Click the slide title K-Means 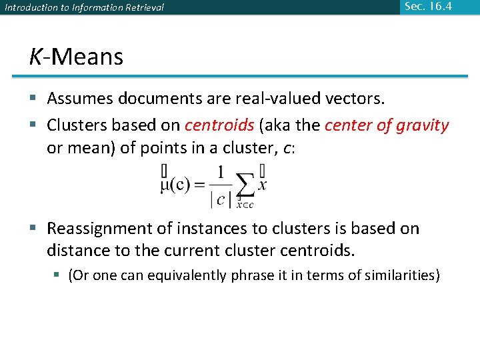pos(76,57)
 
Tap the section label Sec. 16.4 pos(428,7)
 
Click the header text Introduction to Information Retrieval pos(84,8)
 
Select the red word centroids pos(219,125)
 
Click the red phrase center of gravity pos(387,125)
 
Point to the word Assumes pos(80,99)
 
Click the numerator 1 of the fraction pos(221,173)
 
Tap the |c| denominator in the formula pos(221,198)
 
